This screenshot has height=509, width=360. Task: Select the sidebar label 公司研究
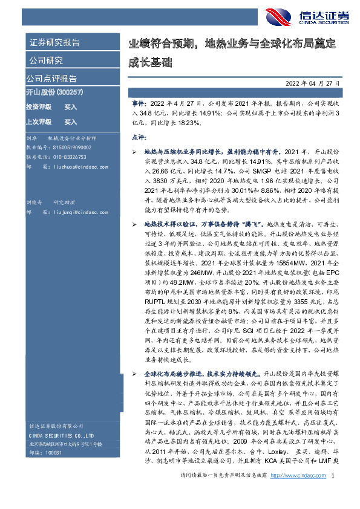point(45,60)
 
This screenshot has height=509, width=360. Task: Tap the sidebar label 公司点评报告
point(51,78)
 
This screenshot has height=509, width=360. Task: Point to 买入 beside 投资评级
point(70,106)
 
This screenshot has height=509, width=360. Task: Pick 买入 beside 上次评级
point(70,122)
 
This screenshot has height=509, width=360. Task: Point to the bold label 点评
point(138,138)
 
